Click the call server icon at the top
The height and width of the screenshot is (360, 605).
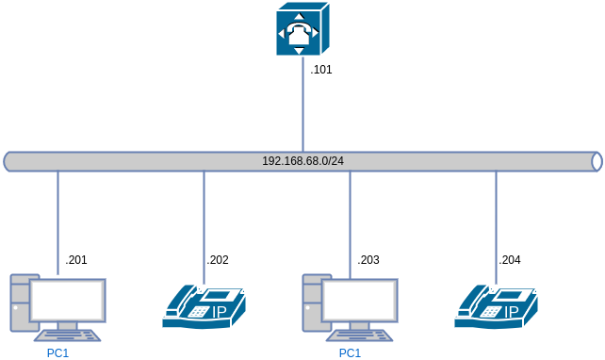[302, 29]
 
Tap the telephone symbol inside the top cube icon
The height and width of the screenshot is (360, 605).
[299, 33]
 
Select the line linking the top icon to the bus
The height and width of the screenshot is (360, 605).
[302, 104]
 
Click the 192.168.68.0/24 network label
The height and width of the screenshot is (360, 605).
[302, 161]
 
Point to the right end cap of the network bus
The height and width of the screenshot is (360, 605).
[596, 161]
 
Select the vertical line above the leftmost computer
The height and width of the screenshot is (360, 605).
[57, 221]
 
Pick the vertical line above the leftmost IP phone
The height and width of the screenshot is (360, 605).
[204, 226]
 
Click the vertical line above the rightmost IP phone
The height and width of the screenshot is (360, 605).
[496, 226]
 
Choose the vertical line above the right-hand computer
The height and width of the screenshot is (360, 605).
[350, 221]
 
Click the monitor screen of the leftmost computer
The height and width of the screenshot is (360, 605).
[67, 300]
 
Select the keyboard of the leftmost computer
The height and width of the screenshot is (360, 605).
[67, 335]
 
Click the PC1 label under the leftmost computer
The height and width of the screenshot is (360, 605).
[57, 353]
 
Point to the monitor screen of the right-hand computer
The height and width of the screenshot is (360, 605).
[359, 300]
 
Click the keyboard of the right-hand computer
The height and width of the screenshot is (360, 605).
[359, 335]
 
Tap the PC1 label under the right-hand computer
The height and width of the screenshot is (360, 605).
[350, 353]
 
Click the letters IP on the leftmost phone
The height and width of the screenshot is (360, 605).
[220, 312]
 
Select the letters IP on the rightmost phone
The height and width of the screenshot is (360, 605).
[512, 312]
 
